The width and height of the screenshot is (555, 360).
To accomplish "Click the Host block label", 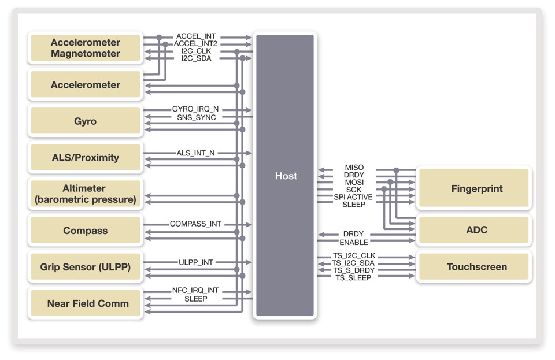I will pos(286,176).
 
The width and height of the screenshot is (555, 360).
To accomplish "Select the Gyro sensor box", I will pos(85,121).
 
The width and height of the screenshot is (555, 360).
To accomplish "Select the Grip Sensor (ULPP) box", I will pos(85,267).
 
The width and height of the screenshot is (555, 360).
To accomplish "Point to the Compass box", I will pos(85,231).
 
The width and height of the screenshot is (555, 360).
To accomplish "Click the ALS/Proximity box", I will pos(85,158).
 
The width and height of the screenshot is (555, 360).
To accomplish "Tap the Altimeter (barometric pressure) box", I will pos(85,194).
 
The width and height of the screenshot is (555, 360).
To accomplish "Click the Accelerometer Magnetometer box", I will pos(85,48).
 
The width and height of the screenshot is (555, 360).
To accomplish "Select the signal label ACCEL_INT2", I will pos(195,44).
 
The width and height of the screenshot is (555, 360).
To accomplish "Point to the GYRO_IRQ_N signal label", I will pos(195,109).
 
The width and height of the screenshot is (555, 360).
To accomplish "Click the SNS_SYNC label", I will pos(197,117).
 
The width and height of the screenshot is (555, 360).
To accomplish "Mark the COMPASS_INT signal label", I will pos(195,224).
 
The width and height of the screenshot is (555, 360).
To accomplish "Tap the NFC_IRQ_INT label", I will pos(195,291).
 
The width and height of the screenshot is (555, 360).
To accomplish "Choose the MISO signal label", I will pos(354,168).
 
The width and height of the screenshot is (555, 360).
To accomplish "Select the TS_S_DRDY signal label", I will pos(353,270).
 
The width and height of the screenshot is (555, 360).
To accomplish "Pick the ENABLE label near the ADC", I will pos(354,242).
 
